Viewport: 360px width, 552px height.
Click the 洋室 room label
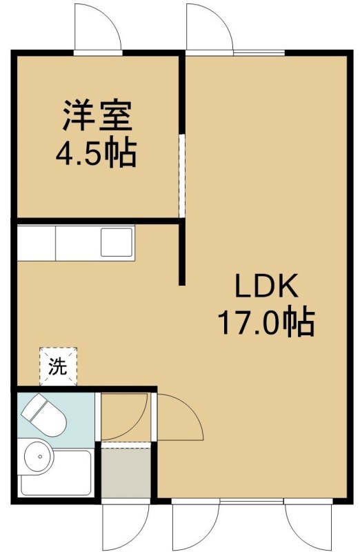tap(97, 115)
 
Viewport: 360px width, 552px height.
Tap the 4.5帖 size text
tap(96, 153)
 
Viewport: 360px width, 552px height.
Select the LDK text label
tap(266, 286)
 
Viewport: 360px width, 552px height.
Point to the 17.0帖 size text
tap(266, 322)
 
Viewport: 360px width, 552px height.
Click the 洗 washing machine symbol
tap(58, 367)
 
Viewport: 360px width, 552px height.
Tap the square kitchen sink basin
tap(117, 242)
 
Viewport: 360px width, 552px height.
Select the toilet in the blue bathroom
tap(43, 416)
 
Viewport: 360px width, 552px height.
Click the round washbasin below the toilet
tap(39, 457)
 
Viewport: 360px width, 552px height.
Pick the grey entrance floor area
tap(126, 473)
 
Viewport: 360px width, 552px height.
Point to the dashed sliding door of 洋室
tap(181, 175)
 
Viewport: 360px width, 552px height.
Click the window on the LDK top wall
tap(259, 53)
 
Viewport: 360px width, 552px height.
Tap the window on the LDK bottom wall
tap(252, 501)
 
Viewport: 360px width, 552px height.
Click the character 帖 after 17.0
tap(300, 322)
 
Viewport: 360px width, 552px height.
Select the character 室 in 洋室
tap(116, 115)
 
